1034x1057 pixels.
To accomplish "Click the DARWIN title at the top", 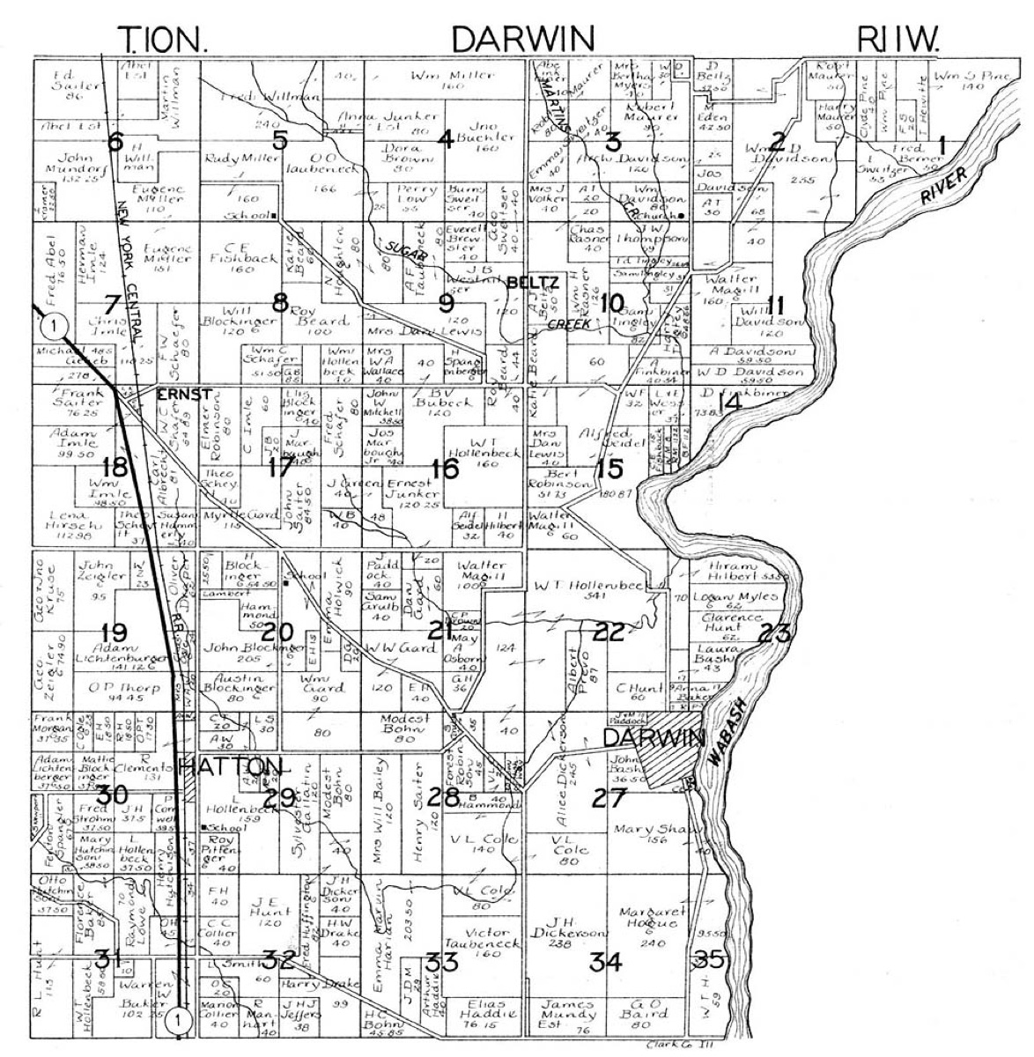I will coord(522,38).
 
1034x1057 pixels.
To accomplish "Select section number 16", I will coord(446,468).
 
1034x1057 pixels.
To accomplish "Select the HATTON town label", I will coord(230,765).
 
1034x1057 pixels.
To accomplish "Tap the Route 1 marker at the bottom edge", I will coord(179,1020).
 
